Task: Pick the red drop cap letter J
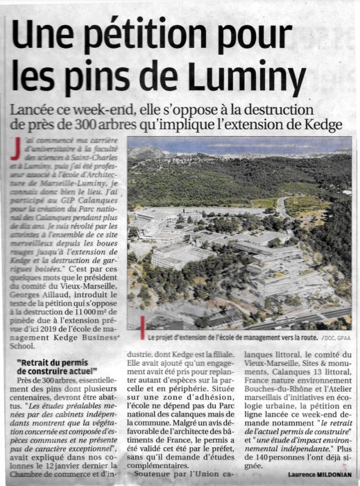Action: [x=15, y=148]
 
